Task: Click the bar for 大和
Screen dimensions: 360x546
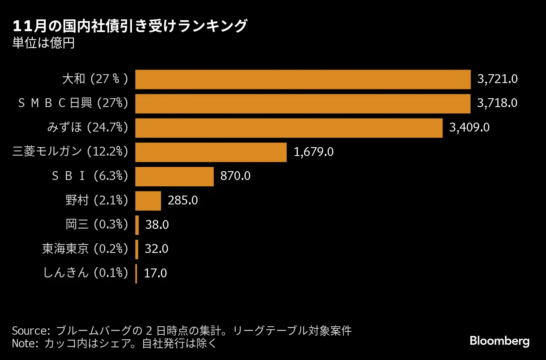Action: [302, 79]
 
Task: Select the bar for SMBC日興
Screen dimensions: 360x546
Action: [302, 104]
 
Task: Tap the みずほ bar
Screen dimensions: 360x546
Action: [289, 128]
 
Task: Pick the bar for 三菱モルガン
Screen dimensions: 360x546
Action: [211, 152]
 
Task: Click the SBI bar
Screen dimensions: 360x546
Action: [174, 176]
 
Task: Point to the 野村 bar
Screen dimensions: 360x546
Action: [148, 201]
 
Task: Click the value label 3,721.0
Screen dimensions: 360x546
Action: [497, 79]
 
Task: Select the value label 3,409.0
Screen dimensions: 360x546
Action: [469, 128]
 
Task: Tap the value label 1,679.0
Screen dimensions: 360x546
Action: [313, 152]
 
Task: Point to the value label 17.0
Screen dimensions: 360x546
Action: [155, 274]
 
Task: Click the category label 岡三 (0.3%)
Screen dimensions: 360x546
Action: [96, 225]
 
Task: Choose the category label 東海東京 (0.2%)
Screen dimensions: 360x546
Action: [85, 249]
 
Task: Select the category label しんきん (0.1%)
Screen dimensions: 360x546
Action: [86, 274]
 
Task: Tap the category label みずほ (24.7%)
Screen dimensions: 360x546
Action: [87, 128]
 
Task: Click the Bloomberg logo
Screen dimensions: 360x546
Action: [499, 341]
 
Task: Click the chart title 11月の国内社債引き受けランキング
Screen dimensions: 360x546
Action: [129, 27]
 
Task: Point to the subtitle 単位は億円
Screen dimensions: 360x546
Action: [43, 43]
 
